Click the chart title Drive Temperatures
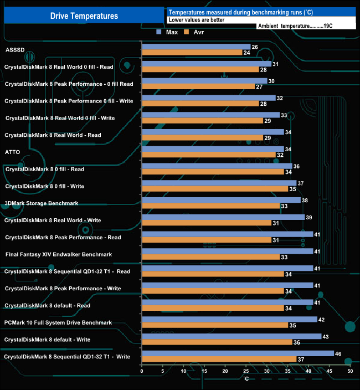(84, 16)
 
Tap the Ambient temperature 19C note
(295, 26)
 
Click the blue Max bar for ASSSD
(196, 47)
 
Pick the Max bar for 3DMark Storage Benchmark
(221, 200)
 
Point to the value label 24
(246, 53)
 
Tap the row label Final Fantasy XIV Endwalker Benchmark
(59, 254)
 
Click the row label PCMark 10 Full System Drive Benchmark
(58, 322)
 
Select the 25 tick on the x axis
(246, 371)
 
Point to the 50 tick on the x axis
(350, 371)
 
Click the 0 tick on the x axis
(142, 371)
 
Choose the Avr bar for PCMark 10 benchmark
(215, 325)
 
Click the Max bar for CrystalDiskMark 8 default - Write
(232, 336)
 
